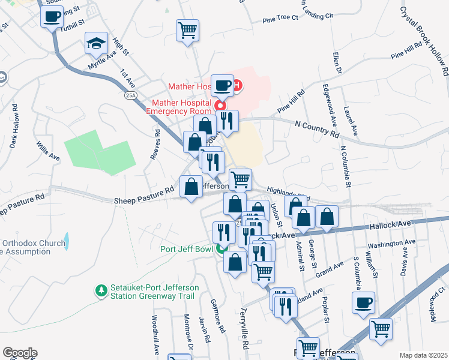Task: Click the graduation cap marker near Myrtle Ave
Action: click(x=96, y=43)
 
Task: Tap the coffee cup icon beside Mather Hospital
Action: click(x=222, y=86)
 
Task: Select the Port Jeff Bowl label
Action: click(x=187, y=249)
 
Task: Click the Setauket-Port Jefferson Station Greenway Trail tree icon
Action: click(x=101, y=290)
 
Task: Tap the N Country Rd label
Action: click(x=316, y=128)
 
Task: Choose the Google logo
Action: click(x=20, y=353)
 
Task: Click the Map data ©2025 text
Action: click(x=423, y=355)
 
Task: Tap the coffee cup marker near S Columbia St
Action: click(x=363, y=303)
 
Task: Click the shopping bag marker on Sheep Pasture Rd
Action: click(x=191, y=187)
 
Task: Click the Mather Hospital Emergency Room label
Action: click(x=179, y=107)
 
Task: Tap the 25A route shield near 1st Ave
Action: click(x=130, y=95)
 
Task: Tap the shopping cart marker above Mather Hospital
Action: click(x=188, y=30)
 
